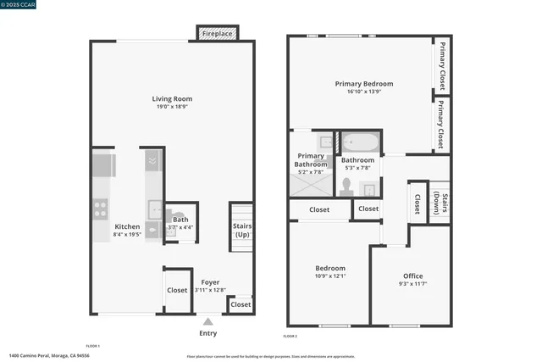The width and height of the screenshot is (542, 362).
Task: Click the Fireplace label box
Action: pos(218,34)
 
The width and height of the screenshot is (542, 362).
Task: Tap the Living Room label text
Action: pos(172,98)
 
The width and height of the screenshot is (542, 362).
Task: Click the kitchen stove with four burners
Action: pos(101,206)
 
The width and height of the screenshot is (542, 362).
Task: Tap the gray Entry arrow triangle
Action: pos(208,321)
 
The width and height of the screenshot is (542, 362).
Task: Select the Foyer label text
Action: pos(209,282)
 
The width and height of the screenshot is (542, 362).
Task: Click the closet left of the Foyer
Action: pos(177,290)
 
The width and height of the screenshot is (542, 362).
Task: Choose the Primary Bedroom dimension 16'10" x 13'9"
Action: pos(364,93)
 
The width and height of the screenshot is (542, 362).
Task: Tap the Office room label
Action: pos(412,276)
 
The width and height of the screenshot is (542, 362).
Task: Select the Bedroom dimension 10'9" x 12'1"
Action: pos(330,276)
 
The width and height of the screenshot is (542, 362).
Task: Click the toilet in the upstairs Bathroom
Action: pos(347,186)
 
